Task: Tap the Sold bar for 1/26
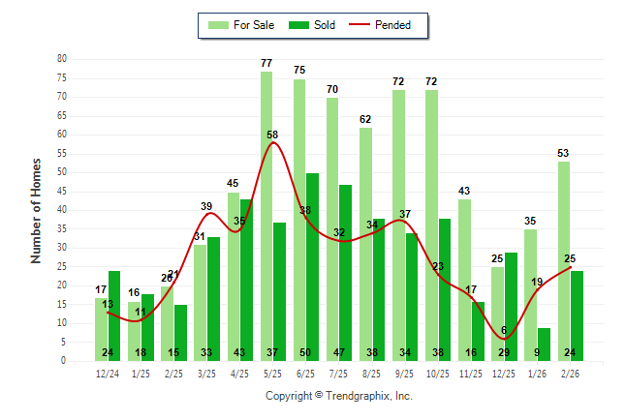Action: (544, 344)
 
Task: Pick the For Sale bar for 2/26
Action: (563, 261)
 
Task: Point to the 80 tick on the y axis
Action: (61, 59)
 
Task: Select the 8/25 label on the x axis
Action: (371, 373)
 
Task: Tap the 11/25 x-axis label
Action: (470, 373)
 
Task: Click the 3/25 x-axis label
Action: (206, 373)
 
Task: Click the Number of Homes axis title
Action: (37, 210)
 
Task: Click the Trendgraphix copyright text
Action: (339, 396)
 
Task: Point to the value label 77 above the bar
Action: (266, 64)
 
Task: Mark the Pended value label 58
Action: (274, 135)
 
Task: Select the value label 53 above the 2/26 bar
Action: (563, 154)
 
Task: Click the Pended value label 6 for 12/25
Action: (505, 330)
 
